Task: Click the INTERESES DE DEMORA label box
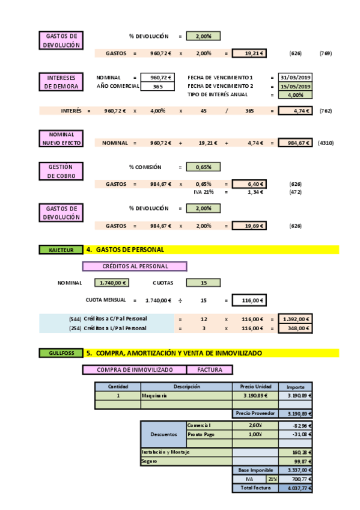61,82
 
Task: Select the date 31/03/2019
296,78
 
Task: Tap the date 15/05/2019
296,86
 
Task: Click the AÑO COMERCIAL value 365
157,86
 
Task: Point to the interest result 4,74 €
296,111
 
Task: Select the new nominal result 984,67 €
296,143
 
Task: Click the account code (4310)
325,143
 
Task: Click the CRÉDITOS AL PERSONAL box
135,266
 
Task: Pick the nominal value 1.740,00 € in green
111,283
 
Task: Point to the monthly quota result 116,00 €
249,300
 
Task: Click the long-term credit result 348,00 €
296,328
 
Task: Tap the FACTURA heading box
210,370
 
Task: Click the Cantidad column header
118,387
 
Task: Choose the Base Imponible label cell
255,470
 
